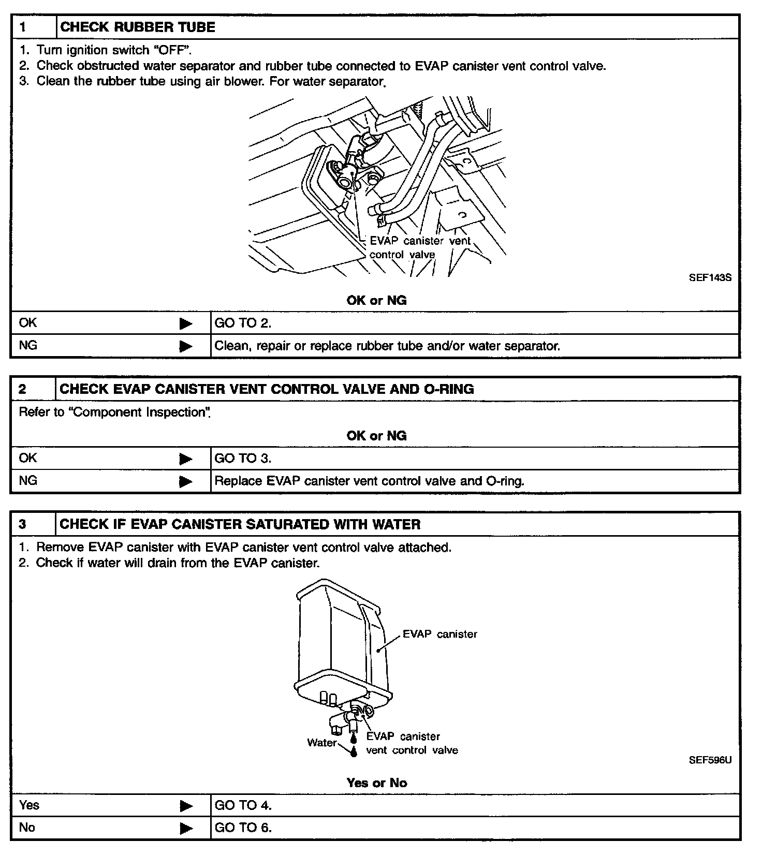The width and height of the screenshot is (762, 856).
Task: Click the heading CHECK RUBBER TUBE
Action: coord(138,27)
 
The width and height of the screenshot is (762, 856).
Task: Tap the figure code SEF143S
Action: coord(710,277)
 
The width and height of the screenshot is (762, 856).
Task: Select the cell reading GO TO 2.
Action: coord(243,323)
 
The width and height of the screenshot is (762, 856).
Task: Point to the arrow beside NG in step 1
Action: coord(185,346)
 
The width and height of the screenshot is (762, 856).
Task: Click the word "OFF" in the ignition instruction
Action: coord(172,50)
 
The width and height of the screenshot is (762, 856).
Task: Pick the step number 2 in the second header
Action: coord(23,389)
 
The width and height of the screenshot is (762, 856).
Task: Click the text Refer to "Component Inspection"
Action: coord(114,412)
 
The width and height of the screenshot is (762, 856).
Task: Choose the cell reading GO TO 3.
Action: coord(243,459)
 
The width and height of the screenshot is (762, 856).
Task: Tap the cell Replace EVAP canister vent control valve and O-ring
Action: coord(369,481)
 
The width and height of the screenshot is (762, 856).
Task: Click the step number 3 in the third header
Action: coord(23,524)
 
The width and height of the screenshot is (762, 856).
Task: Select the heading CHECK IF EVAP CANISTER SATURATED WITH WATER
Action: coord(240,524)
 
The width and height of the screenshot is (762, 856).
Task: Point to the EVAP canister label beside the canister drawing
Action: coord(439,634)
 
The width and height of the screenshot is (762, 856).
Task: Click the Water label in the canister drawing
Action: coord(321,743)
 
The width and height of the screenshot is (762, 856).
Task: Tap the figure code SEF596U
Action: coord(710,760)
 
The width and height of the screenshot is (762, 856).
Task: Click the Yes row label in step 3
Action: coord(29,805)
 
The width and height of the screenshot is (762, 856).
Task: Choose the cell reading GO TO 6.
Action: coord(243,828)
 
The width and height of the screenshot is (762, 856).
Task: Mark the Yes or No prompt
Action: coord(376,783)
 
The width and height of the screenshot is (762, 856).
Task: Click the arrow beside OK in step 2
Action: coord(185,459)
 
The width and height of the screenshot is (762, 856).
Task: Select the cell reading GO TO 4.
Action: coord(243,805)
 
